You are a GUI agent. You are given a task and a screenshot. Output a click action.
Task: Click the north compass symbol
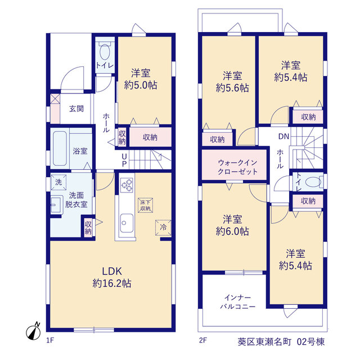tap(34, 332)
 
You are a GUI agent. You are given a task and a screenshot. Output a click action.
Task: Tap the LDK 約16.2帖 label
tap(112, 277)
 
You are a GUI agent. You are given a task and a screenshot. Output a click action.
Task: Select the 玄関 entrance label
tap(76, 109)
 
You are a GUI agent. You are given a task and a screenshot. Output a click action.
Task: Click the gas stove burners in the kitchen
tap(127, 185)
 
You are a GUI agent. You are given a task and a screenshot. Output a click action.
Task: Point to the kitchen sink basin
tap(127, 223)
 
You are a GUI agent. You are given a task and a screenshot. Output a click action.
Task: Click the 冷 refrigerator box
tap(163, 227)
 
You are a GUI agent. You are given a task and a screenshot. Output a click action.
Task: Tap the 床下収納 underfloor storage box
tap(145, 205)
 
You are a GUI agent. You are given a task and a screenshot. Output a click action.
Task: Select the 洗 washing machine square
tap(58, 182)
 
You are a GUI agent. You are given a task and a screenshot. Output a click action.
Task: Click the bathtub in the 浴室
tap(60, 148)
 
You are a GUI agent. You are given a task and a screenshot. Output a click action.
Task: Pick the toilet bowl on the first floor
tap(105, 52)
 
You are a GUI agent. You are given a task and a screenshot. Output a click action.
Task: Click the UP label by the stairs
tap(124, 160)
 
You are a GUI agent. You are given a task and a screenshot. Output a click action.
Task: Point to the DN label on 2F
tap(283, 137)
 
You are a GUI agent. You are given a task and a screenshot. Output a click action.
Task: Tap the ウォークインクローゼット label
tap(237, 167)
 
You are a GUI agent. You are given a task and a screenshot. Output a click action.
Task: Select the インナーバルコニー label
tap(237, 302)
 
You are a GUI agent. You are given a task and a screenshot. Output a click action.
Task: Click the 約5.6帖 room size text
tap(232, 88)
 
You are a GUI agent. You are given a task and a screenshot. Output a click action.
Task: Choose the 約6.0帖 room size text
tap(232, 231)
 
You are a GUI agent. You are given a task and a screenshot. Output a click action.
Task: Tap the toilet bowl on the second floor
tap(313, 182)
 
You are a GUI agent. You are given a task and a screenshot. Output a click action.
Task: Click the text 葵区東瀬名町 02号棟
tap(281, 342)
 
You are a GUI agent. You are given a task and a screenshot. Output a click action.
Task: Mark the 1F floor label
tap(50, 340)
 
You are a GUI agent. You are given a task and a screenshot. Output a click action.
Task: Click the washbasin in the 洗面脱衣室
tap(56, 205)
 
